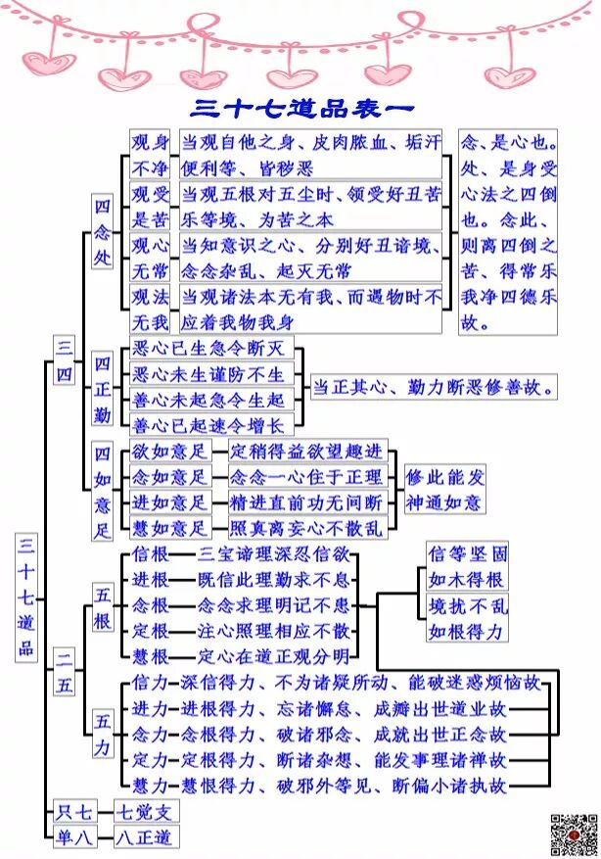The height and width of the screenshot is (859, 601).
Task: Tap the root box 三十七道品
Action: (26, 595)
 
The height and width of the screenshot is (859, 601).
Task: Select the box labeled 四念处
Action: (103, 232)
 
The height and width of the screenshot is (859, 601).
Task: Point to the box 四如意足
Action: (103, 491)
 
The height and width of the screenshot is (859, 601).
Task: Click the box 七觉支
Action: (144, 811)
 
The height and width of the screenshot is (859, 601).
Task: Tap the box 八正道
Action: (144, 836)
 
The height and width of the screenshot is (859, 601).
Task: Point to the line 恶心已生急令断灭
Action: (210, 348)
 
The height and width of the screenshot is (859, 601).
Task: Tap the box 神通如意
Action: (444, 502)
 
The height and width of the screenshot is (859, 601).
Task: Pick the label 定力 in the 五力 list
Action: (149, 759)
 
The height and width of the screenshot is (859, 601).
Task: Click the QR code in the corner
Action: (574, 833)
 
